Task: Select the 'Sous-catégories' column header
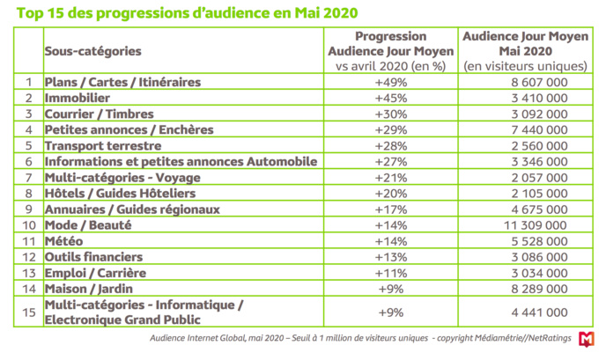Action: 92,51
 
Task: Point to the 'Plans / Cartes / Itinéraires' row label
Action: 122,82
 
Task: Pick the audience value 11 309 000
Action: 527,225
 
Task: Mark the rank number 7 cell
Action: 28,178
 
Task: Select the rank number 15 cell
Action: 28,312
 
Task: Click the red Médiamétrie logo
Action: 587,339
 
